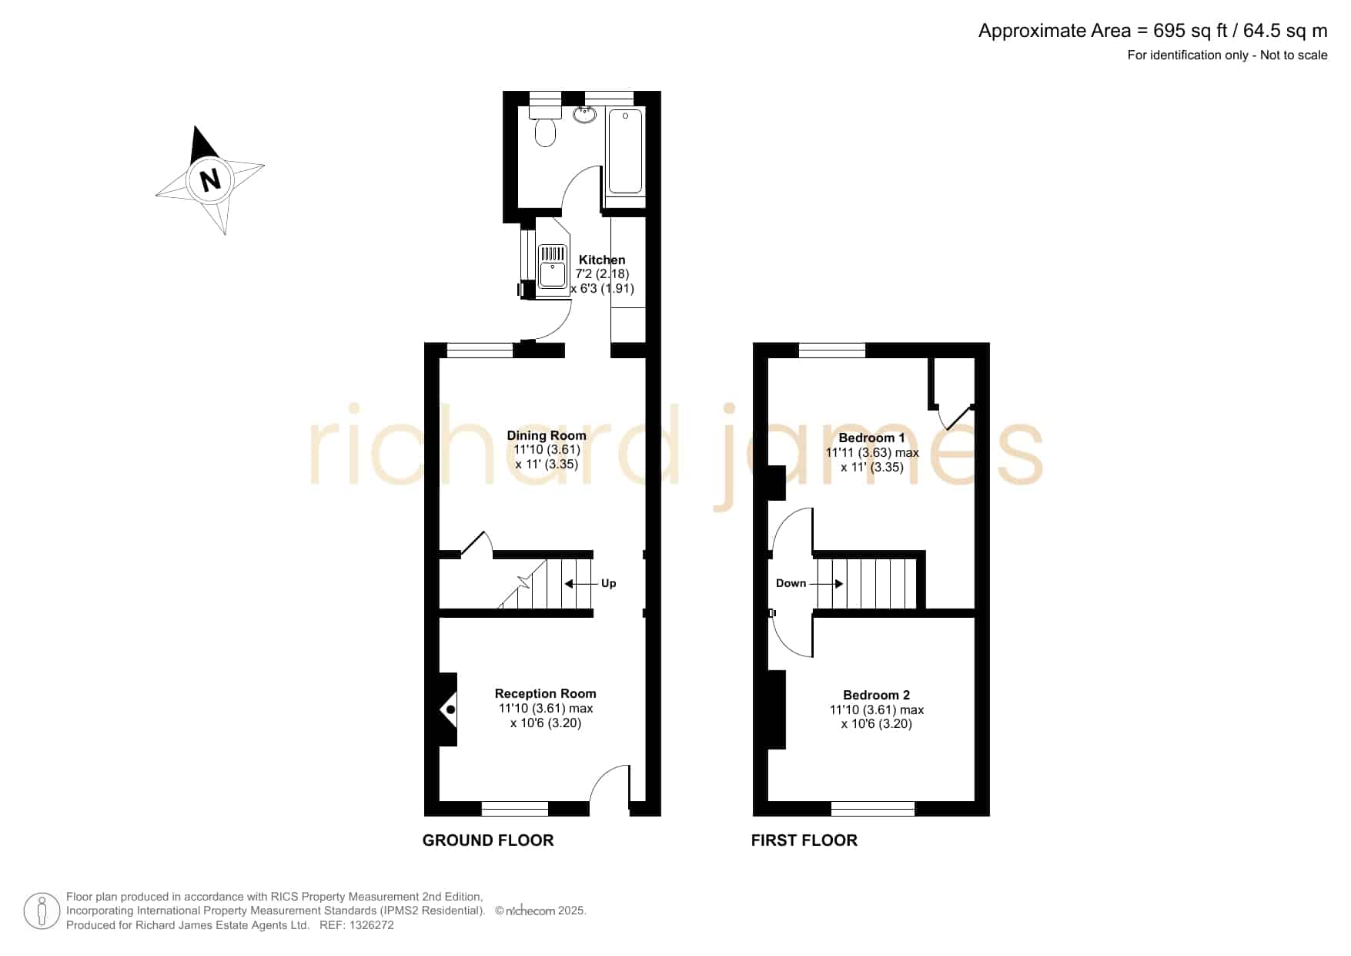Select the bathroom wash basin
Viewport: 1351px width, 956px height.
pyautogui.click(x=585, y=114)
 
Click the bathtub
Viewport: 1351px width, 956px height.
pyautogui.click(x=625, y=151)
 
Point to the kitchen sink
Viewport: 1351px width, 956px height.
pyautogui.click(x=553, y=266)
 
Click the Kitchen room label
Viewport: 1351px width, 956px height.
pyautogui.click(x=602, y=260)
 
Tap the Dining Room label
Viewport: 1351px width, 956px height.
pyautogui.click(x=547, y=435)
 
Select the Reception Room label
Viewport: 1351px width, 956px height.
pyautogui.click(x=545, y=693)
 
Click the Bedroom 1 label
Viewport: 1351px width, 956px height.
pyautogui.click(x=872, y=438)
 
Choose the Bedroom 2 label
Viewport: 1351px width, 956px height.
pyautogui.click(x=877, y=695)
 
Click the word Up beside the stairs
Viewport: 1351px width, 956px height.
pyautogui.click(x=608, y=583)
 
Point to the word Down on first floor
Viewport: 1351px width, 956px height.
pyautogui.click(x=791, y=583)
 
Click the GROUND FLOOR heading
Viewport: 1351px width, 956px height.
pyautogui.click(x=488, y=840)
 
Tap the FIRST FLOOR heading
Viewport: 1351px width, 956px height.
pyautogui.click(x=804, y=840)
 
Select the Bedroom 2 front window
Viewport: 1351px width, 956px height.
pyautogui.click(x=873, y=809)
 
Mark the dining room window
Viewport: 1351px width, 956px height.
pyautogui.click(x=480, y=351)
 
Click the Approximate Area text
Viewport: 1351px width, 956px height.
pyautogui.click(x=1152, y=31)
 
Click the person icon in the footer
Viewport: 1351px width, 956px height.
pyautogui.click(x=42, y=912)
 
